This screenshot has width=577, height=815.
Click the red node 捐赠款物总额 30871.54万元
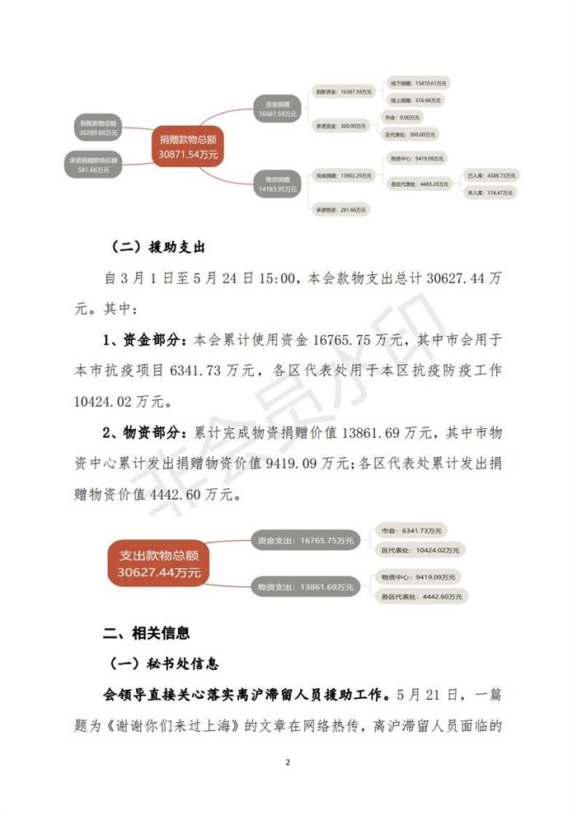pyautogui.click(x=189, y=147)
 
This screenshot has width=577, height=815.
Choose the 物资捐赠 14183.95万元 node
pyautogui.click(x=277, y=184)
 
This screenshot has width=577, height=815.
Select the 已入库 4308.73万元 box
pyautogui.click(x=490, y=175)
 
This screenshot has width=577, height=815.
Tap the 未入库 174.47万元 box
pyautogui.click(x=490, y=193)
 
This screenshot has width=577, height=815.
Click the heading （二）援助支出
pyautogui.click(x=157, y=247)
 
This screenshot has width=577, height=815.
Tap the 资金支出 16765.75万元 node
pyautogui.click(x=304, y=541)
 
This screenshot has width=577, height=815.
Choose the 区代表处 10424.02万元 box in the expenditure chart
pyautogui.click(x=421, y=549)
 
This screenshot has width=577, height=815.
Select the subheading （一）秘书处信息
pyautogui.click(x=165, y=664)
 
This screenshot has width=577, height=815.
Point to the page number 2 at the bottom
pyautogui.click(x=288, y=762)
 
